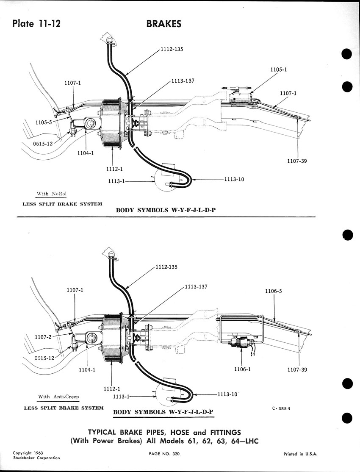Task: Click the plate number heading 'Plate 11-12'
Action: (x=36, y=23)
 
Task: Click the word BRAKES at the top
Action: (x=164, y=24)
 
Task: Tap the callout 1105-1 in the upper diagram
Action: (x=279, y=69)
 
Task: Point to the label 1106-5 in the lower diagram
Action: (x=273, y=291)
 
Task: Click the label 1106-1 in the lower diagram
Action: (x=242, y=369)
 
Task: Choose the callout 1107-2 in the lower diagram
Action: (x=43, y=337)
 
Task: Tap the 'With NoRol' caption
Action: (x=52, y=194)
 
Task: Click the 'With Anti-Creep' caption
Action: (x=58, y=397)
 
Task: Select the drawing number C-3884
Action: (x=281, y=408)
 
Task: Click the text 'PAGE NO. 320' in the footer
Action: (x=164, y=454)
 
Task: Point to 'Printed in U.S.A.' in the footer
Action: (x=300, y=454)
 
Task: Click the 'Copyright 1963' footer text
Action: (x=28, y=453)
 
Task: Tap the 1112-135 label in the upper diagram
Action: (x=172, y=49)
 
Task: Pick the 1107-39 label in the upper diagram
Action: (x=297, y=161)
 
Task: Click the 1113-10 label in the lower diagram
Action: (x=227, y=394)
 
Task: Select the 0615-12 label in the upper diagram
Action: (x=43, y=144)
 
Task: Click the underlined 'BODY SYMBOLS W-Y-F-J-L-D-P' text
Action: (x=163, y=412)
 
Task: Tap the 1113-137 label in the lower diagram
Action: (x=196, y=286)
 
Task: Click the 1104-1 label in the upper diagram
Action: (x=85, y=153)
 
